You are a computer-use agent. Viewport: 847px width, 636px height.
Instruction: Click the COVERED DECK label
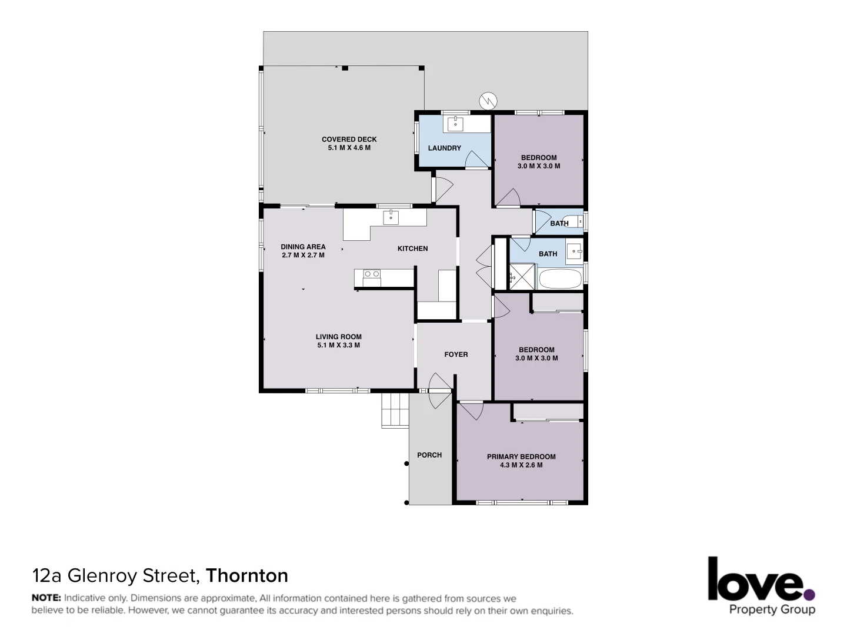(x=349, y=140)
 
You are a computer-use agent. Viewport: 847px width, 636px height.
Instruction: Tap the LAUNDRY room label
(x=444, y=148)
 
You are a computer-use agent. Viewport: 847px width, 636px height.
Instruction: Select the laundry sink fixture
(x=455, y=124)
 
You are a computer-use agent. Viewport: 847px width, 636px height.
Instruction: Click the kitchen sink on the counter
(x=391, y=217)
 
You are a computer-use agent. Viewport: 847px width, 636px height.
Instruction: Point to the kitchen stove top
(x=372, y=274)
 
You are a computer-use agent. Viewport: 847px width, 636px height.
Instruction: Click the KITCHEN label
(x=412, y=249)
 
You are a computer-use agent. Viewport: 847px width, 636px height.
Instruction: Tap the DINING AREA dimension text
(x=303, y=256)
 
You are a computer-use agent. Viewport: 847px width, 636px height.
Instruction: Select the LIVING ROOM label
(x=338, y=337)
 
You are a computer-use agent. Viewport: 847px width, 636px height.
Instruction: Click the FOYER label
(x=456, y=355)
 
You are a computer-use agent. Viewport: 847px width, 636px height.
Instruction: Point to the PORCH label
(x=429, y=455)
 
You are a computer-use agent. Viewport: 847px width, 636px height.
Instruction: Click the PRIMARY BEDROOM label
(x=521, y=456)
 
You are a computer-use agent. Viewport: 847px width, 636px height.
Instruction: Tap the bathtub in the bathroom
(x=560, y=279)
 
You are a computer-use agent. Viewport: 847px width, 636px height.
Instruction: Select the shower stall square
(x=521, y=276)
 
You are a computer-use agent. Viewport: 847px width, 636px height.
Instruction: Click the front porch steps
(x=395, y=410)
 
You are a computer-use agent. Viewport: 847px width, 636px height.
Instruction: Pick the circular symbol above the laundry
(x=488, y=101)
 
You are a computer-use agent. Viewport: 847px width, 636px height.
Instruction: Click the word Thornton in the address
(x=246, y=575)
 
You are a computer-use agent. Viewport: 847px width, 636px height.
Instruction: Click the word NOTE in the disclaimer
(x=46, y=598)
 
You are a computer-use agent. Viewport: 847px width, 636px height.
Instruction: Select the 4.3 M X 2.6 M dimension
(x=521, y=465)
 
